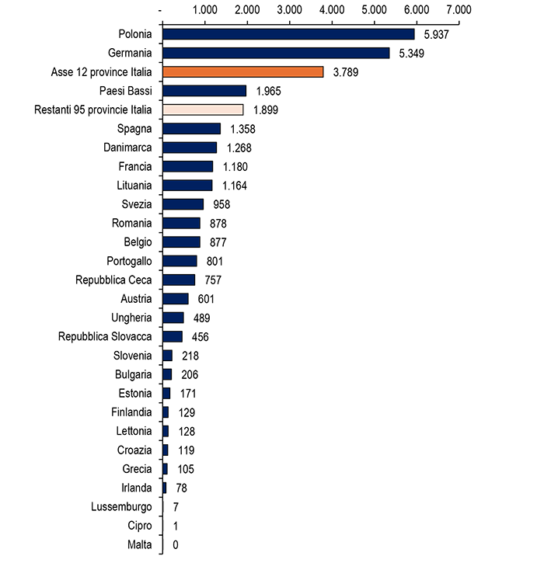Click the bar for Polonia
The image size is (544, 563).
(x=288, y=34)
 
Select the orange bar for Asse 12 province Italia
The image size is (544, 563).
(x=242, y=72)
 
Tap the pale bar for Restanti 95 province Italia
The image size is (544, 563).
(x=203, y=109)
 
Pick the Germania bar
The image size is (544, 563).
(x=276, y=53)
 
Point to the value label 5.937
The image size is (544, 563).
(x=437, y=35)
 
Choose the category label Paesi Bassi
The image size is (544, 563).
(x=124, y=91)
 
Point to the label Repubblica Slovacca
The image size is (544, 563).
(x=105, y=336)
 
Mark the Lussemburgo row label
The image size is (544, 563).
(x=121, y=507)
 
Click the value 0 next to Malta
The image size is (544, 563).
(x=176, y=544)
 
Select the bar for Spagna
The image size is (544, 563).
(x=192, y=129)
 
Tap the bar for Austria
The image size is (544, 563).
(x=176, y=299)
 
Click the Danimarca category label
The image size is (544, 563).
(x=127, y=148)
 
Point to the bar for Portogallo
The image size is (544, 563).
(x=180, y=261)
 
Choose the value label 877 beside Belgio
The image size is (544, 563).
(x=215, y=242)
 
